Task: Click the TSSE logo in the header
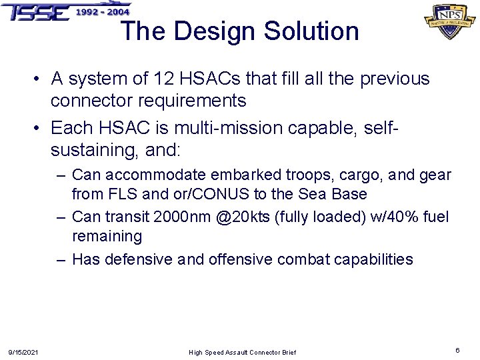37,11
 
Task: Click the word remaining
107,236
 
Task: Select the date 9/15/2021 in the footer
23,352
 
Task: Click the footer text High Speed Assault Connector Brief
242,352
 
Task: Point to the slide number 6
457,350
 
